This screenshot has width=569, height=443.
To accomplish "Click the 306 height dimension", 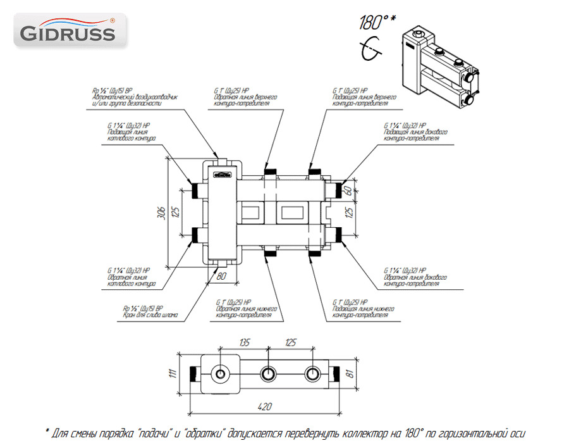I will [x=161, y=213].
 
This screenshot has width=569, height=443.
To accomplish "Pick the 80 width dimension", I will [x=221, y=276].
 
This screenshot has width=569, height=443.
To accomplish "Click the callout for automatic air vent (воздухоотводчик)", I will [x=135, y=98].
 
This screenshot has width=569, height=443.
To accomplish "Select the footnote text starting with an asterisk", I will [x=284, y=434].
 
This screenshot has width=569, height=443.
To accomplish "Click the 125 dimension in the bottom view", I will [x=290, y=342].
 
